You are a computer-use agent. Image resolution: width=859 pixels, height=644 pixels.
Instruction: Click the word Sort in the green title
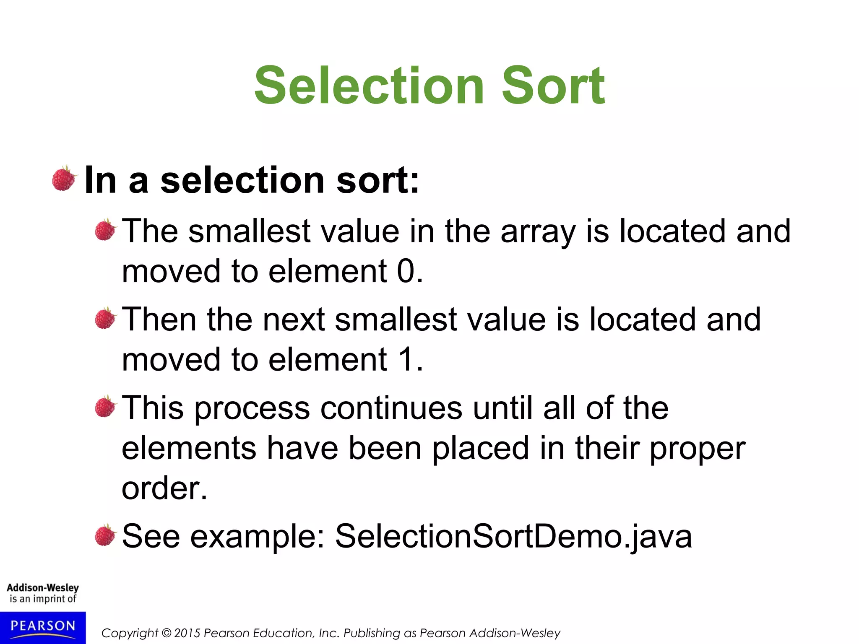point(553,86)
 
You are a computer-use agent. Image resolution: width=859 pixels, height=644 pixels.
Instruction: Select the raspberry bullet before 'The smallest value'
point(105,230)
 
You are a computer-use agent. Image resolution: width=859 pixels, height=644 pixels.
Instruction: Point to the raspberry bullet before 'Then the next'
point(105,319)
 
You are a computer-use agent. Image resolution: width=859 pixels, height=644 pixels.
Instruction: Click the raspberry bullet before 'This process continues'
point(105,407)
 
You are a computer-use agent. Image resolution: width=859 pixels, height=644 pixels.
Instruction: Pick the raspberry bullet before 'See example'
point(105,536)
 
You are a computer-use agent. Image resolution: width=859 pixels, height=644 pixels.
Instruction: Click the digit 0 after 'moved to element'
point(406,271)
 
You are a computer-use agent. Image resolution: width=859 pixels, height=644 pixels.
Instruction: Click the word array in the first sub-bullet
point(538,232)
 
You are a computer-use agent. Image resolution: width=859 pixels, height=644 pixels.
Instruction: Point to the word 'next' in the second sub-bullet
point(293,319)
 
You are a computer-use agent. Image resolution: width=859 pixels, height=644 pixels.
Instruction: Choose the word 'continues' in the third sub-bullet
point(391,408)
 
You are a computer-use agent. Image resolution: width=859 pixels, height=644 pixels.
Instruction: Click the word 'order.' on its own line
point(164,488)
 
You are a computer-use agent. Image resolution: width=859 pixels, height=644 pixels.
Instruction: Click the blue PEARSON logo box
point(42,627)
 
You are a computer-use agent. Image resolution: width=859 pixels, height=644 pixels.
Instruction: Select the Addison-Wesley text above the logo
point(42,588)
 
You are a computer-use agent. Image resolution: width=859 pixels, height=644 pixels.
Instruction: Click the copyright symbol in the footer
point(167,633)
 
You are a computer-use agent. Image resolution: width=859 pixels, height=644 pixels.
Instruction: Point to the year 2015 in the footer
point(187,633)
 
